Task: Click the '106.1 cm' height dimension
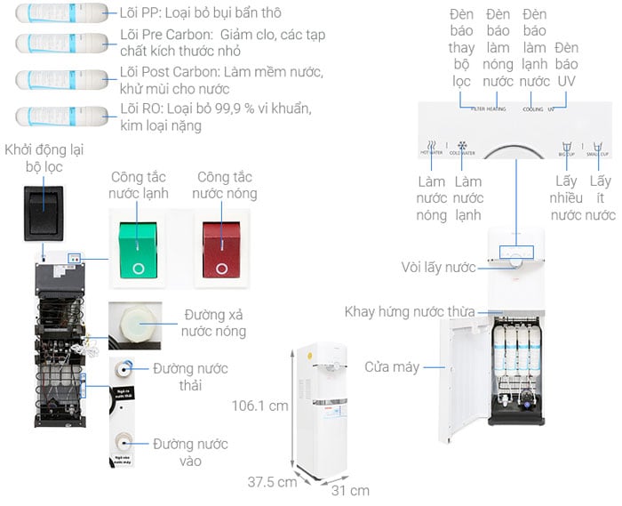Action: coord(259,406)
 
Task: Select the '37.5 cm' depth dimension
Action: coord(271,482)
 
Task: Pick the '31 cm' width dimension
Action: coord(349,490)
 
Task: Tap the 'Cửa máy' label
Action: coord(391,366)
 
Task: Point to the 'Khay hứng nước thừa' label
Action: coord(410,311)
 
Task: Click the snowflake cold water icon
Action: coord(462,146)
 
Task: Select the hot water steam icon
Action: coord(431,146)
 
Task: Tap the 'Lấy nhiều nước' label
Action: coord(566,197)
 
